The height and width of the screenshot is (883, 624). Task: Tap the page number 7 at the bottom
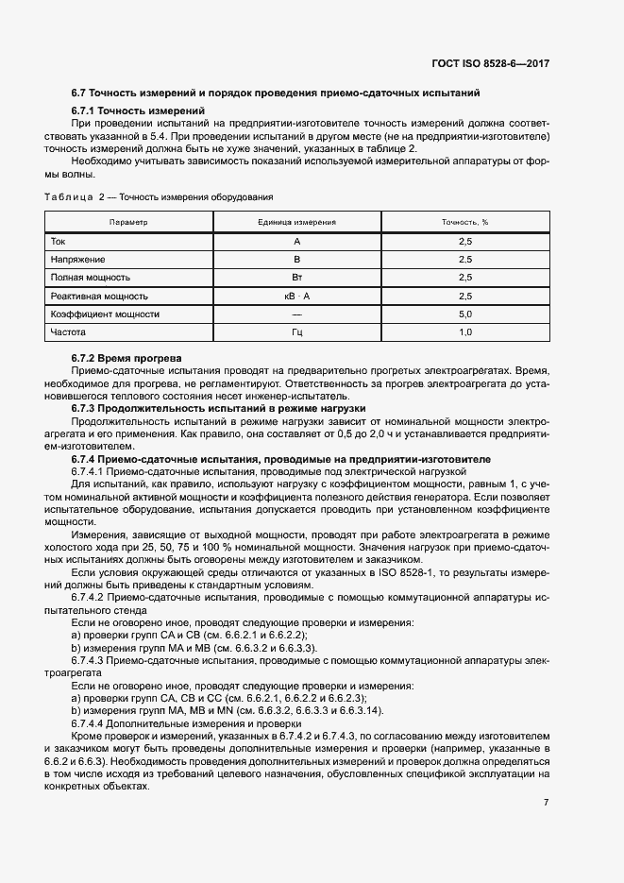click(546, 802)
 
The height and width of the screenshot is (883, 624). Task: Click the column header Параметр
click(128, 222)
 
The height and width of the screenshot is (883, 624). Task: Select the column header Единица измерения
click(296, 222)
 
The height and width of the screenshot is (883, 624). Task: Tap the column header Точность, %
click(464, 222)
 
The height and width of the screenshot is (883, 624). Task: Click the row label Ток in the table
click(59, 242)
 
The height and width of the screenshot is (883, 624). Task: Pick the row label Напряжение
click(77, 259)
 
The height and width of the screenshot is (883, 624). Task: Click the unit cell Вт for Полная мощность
click(296, 278)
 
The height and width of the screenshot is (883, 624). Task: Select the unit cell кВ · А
click(296, 296)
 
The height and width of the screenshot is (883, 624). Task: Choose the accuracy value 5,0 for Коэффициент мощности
click(464, 314)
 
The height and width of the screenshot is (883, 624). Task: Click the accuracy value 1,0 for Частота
click(464, 332)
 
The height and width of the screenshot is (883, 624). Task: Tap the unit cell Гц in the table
click(296, 332)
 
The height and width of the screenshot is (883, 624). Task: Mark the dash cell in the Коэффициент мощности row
click(296, 314)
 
